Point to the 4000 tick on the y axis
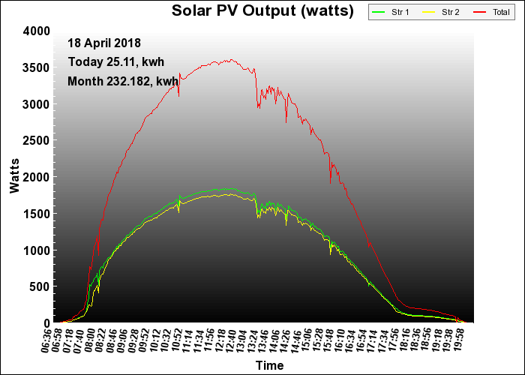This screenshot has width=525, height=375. [37, 31]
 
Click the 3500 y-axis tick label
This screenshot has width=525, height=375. [37, 67]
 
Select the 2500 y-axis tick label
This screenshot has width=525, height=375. [37, 140]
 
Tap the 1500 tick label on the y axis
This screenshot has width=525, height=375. [37, 214]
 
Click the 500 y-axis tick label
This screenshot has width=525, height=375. [40, 286]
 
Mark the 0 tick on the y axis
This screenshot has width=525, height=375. [46, 323]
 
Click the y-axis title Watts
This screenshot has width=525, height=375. [14, 177]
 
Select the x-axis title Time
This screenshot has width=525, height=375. [269, 365]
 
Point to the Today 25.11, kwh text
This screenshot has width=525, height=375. [116, 61]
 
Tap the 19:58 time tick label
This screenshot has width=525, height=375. [470, 338]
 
